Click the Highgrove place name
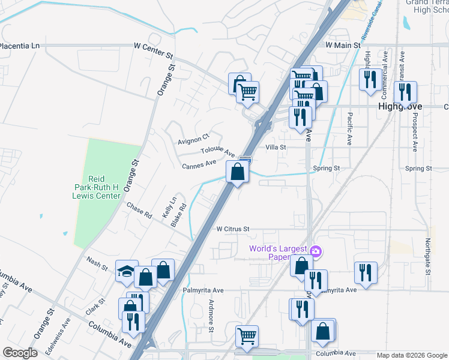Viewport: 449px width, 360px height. coord(400,106)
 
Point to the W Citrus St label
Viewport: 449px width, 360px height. coord(233,229)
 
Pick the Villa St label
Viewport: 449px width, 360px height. coord(276,146)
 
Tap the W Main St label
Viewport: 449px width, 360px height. coord(343,45)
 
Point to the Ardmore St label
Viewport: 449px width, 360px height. coord(211,316)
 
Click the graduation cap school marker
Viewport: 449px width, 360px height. coord(127,272)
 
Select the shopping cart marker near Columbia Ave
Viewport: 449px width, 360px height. coord(247,337)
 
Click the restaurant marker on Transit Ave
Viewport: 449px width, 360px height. coord(405,92)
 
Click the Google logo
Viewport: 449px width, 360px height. coord(20,353)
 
